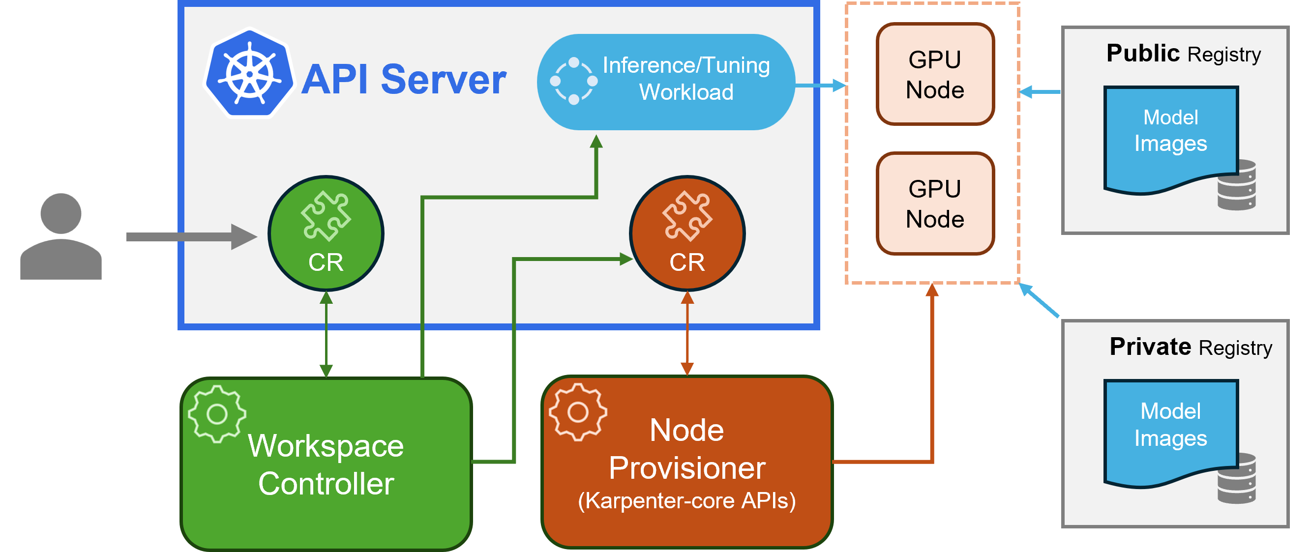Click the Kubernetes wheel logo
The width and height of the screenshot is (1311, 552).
pyautogui.click(x=249, y=74)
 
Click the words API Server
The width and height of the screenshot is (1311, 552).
pyautogui.click(x=404, y=80)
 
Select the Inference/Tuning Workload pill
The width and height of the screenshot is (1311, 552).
pyautogui.click(x=666, y=82)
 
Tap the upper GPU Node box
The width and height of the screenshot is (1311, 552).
pyautogui.click(x=935, y=74)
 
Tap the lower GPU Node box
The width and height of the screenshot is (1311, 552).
pyautogui.click(x=935, y=203)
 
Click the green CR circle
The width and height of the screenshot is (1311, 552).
pyautogui.click(x=326, y=233)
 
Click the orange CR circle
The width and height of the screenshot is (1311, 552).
pyautogui.click(x=687, y=233)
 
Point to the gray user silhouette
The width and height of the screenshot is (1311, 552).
pyautogui.click(x=61, y=236)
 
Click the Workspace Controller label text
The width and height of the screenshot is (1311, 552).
pyautogui.click(x=326, y=464)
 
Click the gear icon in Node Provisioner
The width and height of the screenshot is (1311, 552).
pyautogui.click(x=578, y=411)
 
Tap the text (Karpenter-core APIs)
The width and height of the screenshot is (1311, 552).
pyautogui.click(x=686, y=500)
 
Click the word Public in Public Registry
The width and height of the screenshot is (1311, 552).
pyautogui.click(x=1142, y=54)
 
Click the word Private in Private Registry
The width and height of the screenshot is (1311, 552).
pyautogui.click(x=1150, y=347)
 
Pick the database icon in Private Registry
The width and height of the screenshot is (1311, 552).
pyautogui.click(x=1237, y=478)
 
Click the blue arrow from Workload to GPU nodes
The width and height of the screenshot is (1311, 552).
pyautogui.click(x=819, y=86)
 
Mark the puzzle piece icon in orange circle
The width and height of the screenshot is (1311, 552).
pyautogui.click(x=687, y=216)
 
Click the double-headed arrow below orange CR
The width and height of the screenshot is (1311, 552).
pyautogui.click(x=687, y=333)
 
